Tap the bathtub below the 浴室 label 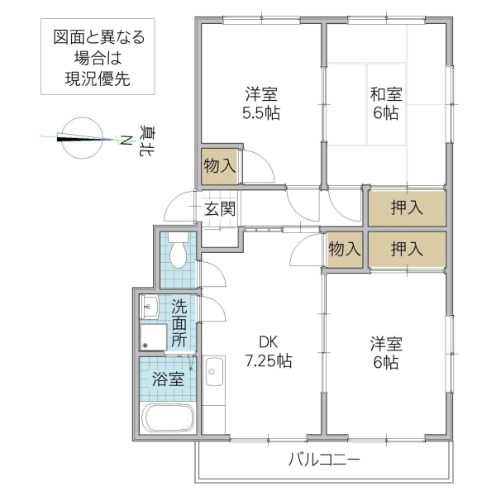pyautogui.click(x=168, y=419)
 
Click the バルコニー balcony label pyautogui.click(x=324, y=460)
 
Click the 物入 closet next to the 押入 pyautogui.click(x=344, y=248)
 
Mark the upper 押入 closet pyautogui.click(x=407, y=207)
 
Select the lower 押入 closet pyautogui.click(x=407, y=248)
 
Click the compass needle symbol pyautogui.click(x=80, y=137)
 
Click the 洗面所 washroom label pyautogui.click(x=179, y=323)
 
